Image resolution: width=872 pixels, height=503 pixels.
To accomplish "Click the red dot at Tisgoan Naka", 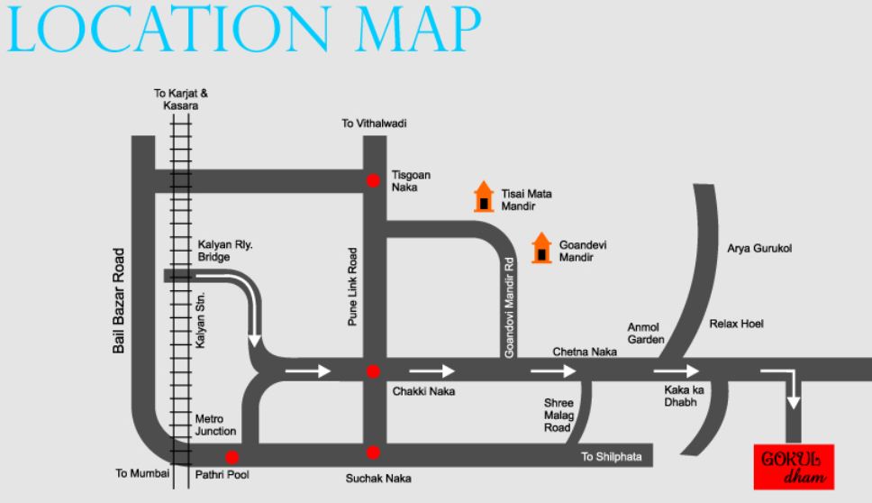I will tap(372, 180).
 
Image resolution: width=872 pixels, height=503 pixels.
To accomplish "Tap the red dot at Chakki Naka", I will tap(372, 370).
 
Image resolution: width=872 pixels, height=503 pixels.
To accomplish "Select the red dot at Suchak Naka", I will tap(372, 452).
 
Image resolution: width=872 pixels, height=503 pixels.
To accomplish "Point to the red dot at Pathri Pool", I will tap(232, 456).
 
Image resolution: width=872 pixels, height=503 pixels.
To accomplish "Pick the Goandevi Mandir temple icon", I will tap(541, 248).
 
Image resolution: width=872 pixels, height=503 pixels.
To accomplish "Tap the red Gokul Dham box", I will tap(793, 467).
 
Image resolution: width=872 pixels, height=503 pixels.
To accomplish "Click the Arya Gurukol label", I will tap(758, 249).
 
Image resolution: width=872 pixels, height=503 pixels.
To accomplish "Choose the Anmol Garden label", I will tap(645, 334).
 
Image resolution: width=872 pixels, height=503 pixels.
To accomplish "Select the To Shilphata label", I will tap(612, 457).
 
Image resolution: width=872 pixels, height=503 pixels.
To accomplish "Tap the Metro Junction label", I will tap(215, 425).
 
